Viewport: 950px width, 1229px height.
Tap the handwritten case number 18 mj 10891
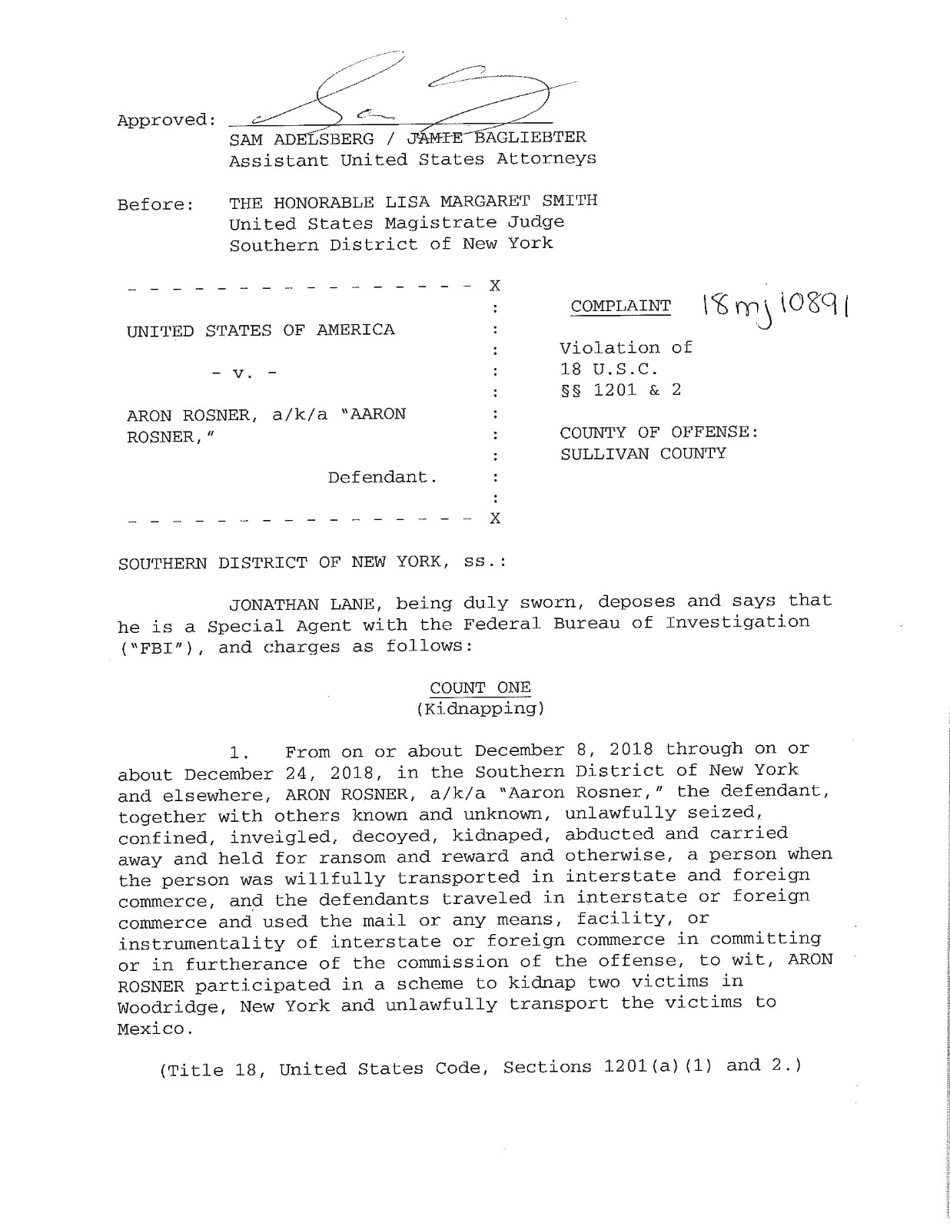pyautogui.click(x=778, y=310)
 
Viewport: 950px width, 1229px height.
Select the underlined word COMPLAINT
pyautogui.click(x=620, y=306)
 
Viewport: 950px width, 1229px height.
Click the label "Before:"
pyautogui.click(x=155, y=205)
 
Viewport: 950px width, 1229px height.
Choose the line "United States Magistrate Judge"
pyautogui.click(x=396, y=224)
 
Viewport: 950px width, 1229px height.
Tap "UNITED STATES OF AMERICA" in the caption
pyautogui.click(x=261, y=331)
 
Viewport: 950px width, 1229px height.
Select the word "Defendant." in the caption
pyautogui.click(x=383, y=477)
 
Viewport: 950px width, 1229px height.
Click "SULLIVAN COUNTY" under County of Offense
pyautogui.click(x=643, y=453)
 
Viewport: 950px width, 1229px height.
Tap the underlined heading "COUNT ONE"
pyautogui.click(x=480, y=687)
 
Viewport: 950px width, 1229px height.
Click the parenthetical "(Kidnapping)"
pyautogui.click(x=480, y=708)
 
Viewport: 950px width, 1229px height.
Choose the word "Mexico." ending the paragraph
pyautogui.click(x=151, y=1029)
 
